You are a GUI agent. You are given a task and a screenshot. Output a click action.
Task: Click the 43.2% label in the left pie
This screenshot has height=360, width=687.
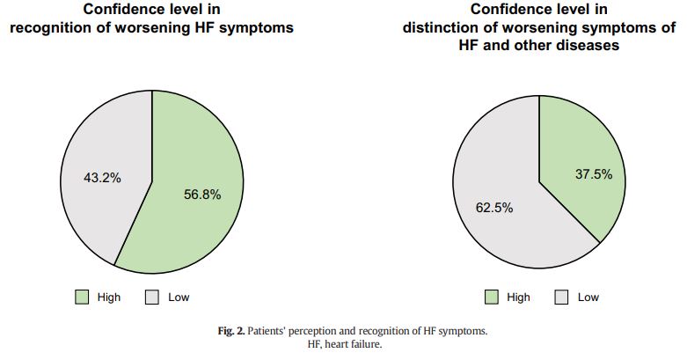point(102,178)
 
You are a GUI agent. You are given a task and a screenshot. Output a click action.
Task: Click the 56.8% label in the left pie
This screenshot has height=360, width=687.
point(202,195)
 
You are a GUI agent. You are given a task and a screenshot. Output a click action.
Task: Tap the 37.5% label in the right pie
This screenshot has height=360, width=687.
point(594,174)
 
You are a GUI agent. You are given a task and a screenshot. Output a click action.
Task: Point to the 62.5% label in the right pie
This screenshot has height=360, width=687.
point(494,208)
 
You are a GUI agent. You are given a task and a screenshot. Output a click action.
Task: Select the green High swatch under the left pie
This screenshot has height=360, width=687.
point(82,297)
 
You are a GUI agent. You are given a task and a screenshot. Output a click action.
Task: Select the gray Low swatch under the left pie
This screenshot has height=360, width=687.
point(151,297)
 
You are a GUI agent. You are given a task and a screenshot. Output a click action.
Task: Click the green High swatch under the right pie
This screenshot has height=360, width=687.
point(492,297)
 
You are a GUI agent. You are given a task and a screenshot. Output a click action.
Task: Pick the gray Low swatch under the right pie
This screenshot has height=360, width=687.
point(561,297)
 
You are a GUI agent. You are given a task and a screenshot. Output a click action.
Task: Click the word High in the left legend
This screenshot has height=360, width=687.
point(109,298)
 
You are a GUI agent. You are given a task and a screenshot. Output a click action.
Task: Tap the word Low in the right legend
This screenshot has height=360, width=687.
point(588,298)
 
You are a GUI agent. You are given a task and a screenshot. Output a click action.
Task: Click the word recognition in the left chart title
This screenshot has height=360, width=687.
point(56,27)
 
